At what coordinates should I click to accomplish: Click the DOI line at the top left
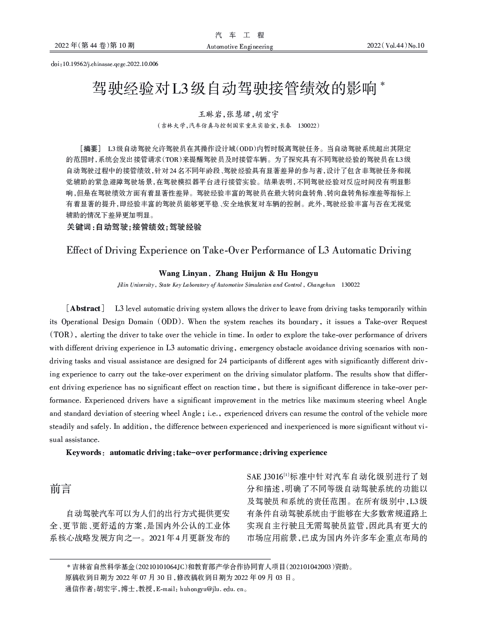point(104,64)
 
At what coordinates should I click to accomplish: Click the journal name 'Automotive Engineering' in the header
point(239,46)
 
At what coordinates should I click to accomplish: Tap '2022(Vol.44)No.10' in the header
point(396,45)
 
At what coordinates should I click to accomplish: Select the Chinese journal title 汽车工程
point(239,35)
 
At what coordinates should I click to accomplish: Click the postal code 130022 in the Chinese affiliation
point(308,126)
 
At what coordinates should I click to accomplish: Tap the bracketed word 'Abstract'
point(86,309)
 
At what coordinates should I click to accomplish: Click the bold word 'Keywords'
point(84,453)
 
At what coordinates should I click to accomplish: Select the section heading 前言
point(60,489)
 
